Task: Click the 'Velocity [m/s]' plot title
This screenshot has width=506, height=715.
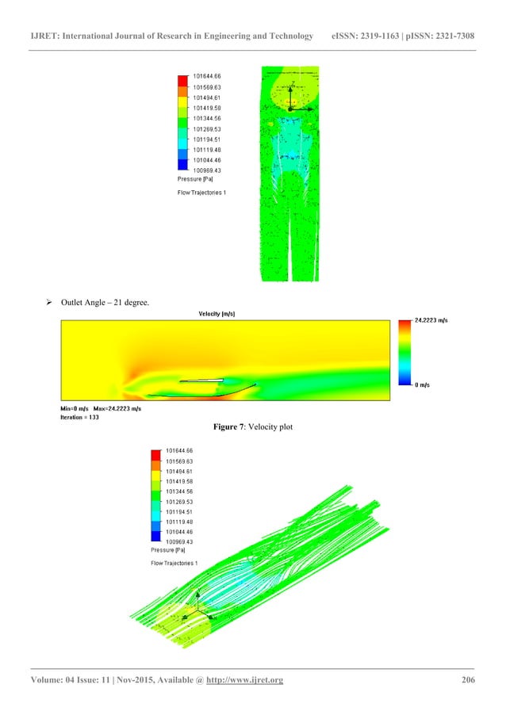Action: click(217, 314)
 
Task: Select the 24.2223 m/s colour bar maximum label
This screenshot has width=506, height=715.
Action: click(433, 320)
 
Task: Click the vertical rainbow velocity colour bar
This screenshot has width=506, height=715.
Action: click(401, 352)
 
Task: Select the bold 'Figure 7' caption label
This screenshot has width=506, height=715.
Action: click(231, 427)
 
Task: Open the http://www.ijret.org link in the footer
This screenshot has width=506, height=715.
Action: click(245, 680)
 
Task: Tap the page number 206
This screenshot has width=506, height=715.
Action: click(467, 680)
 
